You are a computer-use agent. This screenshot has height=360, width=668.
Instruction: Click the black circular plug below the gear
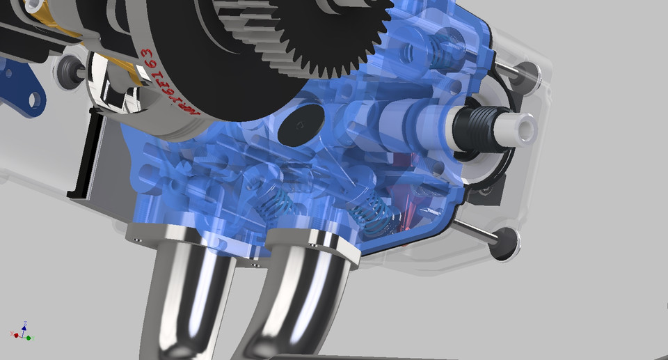tap(298, 125)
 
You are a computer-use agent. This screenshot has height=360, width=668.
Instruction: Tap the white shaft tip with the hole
tap(520, 127)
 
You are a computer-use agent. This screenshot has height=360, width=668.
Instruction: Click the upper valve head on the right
tap(527, 71)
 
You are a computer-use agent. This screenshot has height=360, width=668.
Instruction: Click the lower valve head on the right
tap(506, 243)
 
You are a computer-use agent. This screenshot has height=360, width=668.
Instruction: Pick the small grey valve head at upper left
tap(69, 69)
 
